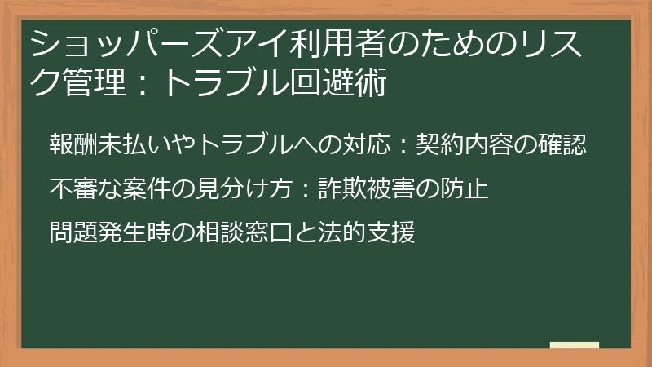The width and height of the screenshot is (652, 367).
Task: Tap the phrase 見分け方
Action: pos(244,190)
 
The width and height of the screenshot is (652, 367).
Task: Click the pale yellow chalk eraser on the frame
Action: pos(575,345)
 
